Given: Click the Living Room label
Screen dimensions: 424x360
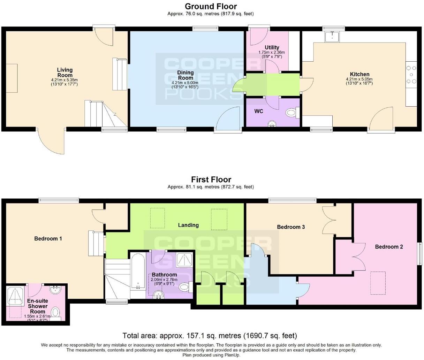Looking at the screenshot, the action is pos(65,72).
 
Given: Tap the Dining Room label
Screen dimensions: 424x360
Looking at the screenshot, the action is pos(185,75).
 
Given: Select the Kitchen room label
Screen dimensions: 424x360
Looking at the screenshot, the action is pos(359,74).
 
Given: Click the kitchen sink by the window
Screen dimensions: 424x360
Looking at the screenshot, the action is pos(332,37).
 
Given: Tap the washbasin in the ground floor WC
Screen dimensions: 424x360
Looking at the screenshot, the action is pos(272,124).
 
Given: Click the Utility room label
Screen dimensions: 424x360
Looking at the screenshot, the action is pos(272,47).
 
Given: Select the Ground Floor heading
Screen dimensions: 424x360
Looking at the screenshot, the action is pos(211,7).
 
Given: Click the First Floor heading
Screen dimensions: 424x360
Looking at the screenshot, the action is pos(211,179).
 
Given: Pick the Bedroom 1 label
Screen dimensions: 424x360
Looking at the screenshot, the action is pos(48,239).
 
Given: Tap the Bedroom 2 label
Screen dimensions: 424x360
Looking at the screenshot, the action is pos(389,247).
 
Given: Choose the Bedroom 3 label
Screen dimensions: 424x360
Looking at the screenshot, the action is pos(291,227).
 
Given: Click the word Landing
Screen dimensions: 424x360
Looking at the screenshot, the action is pos(188,225).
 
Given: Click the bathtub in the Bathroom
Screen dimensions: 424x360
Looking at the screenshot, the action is pos(138,271).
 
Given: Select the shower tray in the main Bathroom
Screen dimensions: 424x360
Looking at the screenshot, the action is pos(184,259).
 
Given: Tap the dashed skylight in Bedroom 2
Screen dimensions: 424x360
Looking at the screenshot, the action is pos(378,283).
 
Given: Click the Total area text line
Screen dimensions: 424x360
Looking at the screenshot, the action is pos(210,336).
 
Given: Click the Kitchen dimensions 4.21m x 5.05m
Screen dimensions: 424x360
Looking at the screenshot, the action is pos(359,79).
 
